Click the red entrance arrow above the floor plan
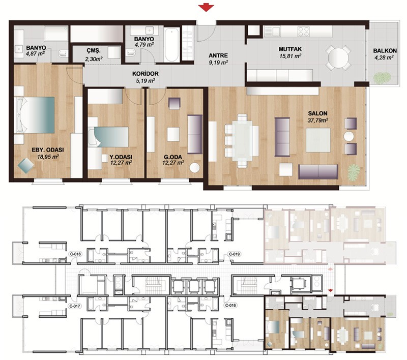(206, 8)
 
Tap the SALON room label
(317, 113)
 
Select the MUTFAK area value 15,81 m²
(290, 56)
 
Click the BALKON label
(385, 51)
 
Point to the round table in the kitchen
(338, 57)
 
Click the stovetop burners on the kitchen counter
(304, 32)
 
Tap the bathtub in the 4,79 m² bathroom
(172, 44)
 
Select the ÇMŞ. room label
(94, 51)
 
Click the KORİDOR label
(146, 74)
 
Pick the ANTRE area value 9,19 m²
(218, 62)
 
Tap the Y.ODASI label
(121, 157)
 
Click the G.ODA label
(173, 157)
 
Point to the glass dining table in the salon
(242, 140)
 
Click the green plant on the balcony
(380, 78)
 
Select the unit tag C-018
(75, 254)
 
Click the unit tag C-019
(234, 254)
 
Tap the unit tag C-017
(74, 306)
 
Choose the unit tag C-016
(231, 305)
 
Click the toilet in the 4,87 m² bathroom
(63, 54)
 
